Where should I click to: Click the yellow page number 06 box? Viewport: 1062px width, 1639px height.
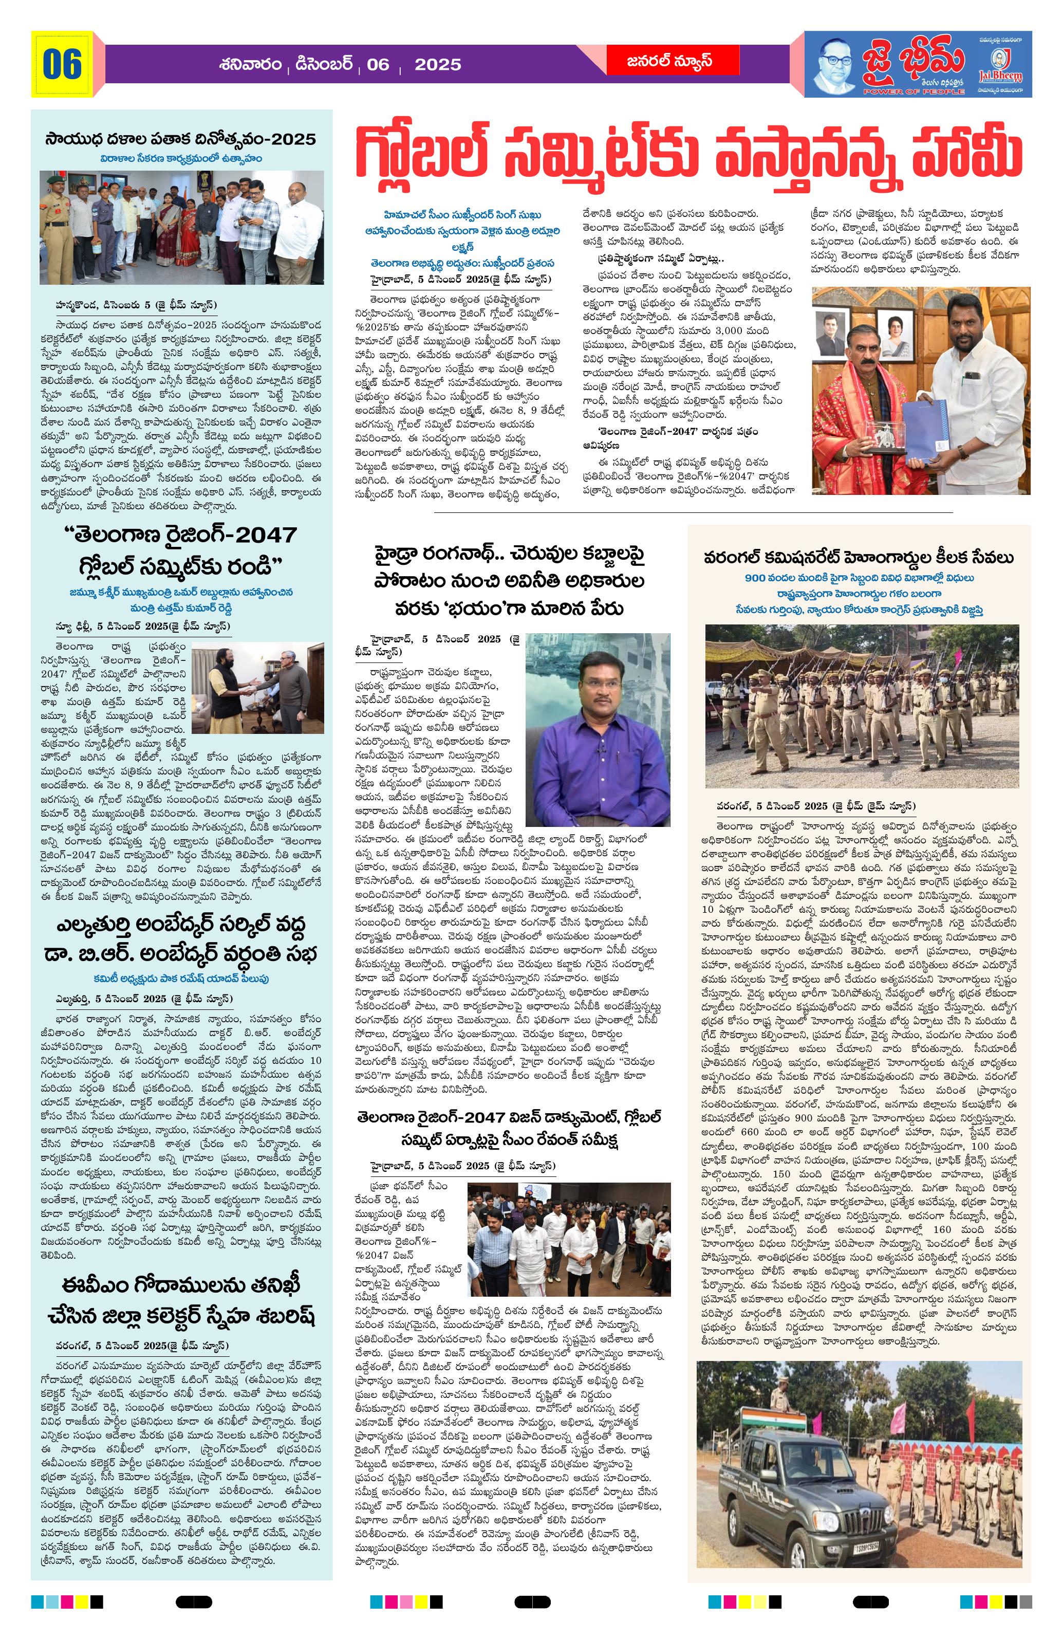click(62, 64)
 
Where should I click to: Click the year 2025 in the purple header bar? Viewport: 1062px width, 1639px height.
click(438, 65)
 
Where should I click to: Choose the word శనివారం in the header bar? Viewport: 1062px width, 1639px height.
click(251, 65)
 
